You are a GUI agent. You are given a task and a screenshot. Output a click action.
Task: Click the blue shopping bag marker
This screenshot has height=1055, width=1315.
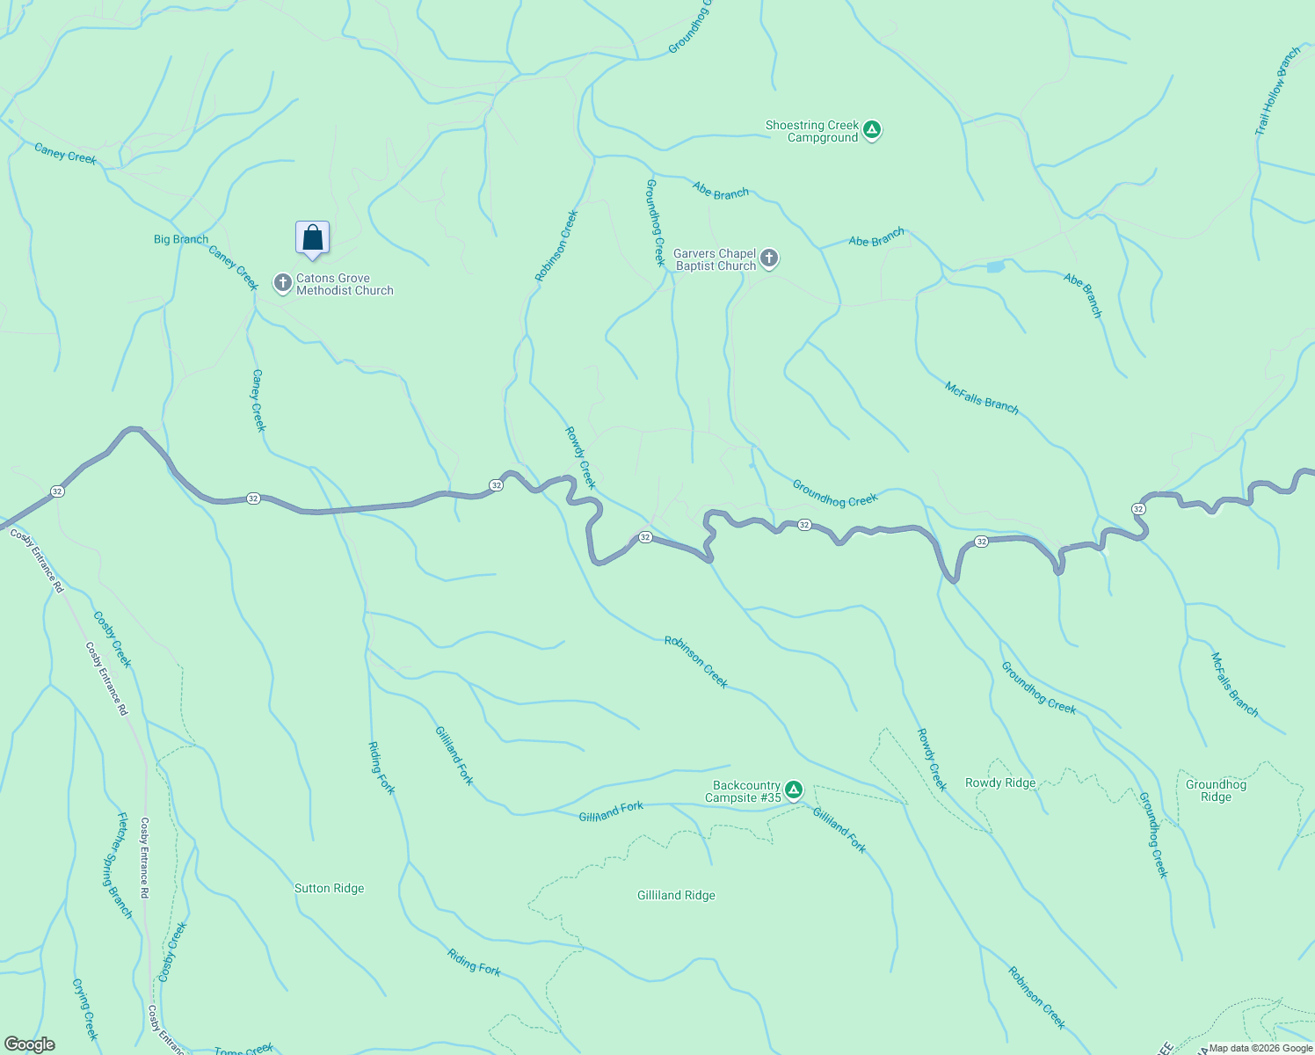[x=312, y=238]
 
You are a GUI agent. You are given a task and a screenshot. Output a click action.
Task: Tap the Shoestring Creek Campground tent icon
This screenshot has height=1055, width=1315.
[x=871, y=131]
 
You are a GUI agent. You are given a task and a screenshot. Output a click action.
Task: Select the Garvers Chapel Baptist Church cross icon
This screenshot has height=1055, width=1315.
[x=769, y=258]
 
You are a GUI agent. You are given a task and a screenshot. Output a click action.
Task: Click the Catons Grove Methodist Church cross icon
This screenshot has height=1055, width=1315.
[x=282, y=283]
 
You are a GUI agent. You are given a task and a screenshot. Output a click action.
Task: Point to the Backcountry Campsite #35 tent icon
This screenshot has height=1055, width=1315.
[x=794, y=791]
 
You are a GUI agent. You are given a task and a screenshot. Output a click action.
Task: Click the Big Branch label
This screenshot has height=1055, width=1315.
[x=181, y=239]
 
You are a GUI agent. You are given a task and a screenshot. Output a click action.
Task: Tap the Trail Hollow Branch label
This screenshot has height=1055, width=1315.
[x=1277, y=91]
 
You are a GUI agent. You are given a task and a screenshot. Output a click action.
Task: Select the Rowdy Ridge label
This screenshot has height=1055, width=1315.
[x=1000, y=782]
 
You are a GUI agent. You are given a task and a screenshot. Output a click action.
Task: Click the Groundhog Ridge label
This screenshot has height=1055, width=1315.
[x=1216, y=790]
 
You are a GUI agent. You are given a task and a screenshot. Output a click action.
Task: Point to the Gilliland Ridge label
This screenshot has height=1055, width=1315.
[x=676, y=895]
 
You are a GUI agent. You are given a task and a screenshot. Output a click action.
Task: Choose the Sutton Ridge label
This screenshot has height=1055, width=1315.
[x=329, y=888]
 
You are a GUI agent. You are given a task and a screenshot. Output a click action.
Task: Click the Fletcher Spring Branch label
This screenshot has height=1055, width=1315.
[x=123, y=865]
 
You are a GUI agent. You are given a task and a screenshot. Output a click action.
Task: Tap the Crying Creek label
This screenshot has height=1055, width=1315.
[x=85, y=1008]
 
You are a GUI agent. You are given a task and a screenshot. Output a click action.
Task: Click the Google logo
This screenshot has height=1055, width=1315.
[x=30, y=1044]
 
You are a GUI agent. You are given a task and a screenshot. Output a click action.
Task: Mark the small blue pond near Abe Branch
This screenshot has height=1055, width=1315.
[x=995, y=266]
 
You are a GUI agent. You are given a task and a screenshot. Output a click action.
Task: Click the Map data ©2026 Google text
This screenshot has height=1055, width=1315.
[x=1260, y=1048]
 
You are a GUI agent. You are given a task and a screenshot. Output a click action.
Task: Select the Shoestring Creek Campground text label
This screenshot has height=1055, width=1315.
[x=812, y=131]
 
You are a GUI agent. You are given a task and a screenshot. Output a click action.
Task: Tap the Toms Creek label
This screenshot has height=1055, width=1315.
[x=244, y=1049]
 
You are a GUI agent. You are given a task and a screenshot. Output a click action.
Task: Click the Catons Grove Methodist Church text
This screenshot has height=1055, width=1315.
[x=345, y=284]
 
